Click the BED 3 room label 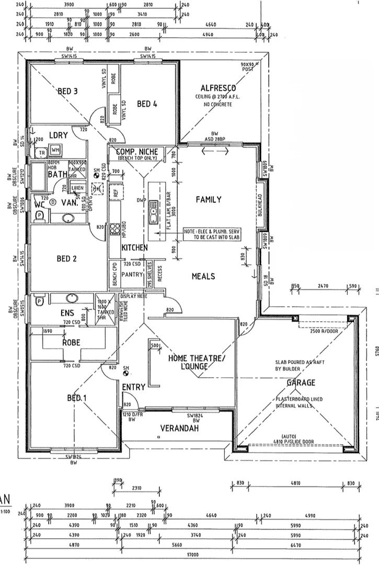click(x=68, y=92)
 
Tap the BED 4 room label click(x=147, y=104)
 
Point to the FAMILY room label click(x=209, y=199)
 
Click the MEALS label click(x=203, y=276)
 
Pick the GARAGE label click(x=300, y=382)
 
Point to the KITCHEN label click(x=134, y=247)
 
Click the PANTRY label click(x=132, y=274)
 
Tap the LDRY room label click(x=59, y=135)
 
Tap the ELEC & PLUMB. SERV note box click(x=210, y=234)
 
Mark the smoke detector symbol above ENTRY click(x=126, y=371)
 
